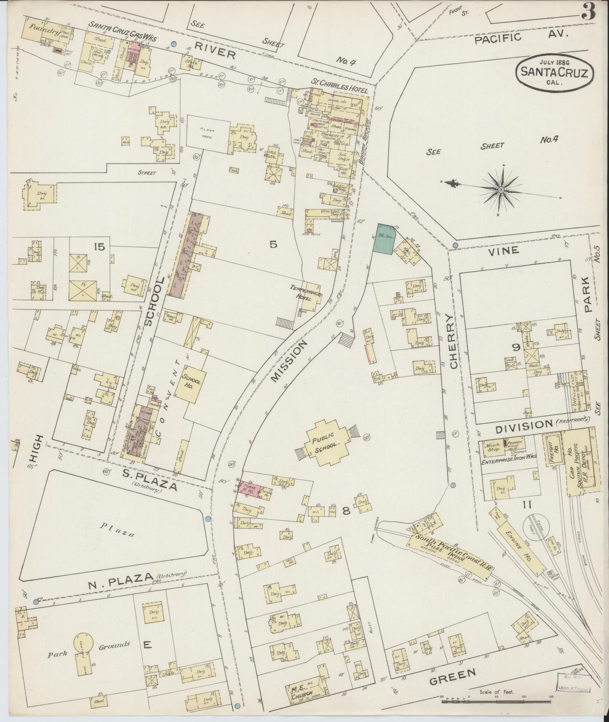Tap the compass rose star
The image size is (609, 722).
pos(501,190)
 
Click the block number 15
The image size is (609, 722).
pos(100,247)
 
